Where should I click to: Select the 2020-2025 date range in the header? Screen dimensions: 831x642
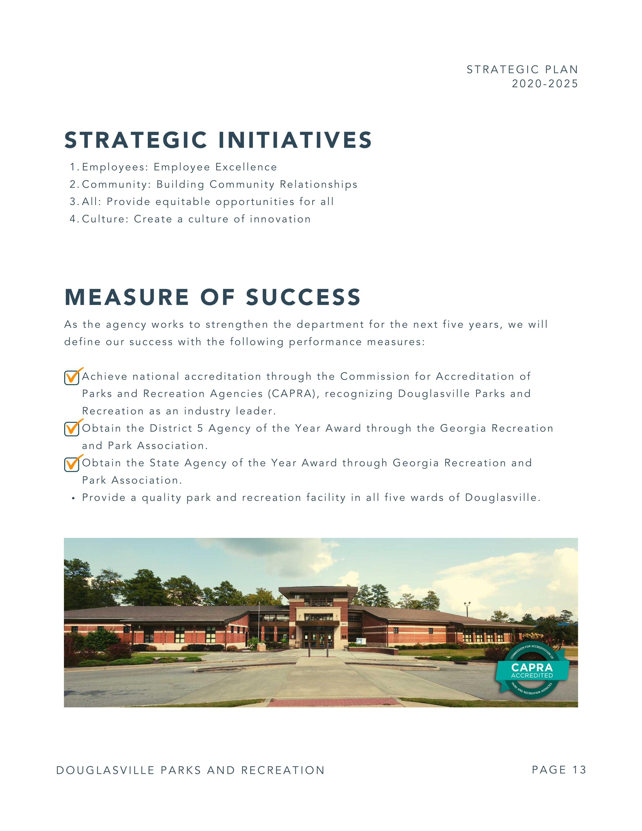(x=545, y=84)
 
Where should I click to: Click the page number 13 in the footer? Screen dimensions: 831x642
(x=579, y=770)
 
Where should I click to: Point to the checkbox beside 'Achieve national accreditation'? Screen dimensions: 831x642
(x=72, y=377)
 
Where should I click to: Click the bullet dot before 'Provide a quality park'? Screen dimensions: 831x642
(x=73, y=498)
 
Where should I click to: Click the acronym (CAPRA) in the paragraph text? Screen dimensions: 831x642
(x=294, y=394)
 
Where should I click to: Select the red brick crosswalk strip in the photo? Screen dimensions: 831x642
(x=334, y=702)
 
